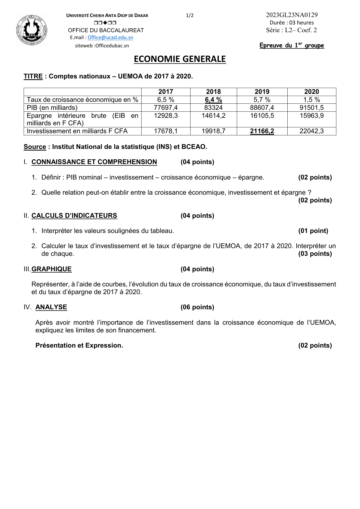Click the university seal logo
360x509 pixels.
31,30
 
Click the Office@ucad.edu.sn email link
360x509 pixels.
110,37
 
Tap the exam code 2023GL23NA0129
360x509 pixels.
292,15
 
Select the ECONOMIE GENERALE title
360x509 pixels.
180,59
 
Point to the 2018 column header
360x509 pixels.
213,92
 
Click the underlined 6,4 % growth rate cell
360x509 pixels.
213,100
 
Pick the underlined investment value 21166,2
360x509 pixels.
262,131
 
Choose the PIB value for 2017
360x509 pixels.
166,108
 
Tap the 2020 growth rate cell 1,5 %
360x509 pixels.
312,100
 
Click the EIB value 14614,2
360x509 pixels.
213,116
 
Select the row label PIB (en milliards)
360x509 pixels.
52,108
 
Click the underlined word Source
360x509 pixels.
35,147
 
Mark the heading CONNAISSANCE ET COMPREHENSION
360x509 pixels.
94,162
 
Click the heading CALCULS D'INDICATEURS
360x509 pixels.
74,216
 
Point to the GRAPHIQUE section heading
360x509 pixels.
51,269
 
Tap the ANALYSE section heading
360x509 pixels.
51,307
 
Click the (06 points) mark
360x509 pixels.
197,307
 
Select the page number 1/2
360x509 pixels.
190,15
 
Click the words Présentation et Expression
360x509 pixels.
79,345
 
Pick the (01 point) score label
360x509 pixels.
313,231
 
